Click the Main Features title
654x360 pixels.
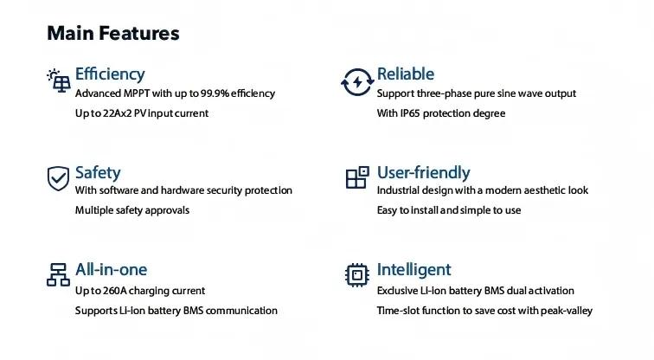tap(113, 34)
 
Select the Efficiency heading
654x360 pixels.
tap(110, 74)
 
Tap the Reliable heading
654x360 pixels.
tap(406, 74)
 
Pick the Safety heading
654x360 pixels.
tap(98, 173)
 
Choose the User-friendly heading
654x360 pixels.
tap(423, 173)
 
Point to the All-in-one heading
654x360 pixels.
tap(111, 269)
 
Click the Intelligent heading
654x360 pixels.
tap(414, 270)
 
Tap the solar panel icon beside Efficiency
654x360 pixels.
tap(59, 80)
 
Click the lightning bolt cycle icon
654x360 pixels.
tap(357, 81)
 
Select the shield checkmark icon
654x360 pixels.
tap(58, 178)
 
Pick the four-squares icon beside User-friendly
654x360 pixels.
tap(357, 177)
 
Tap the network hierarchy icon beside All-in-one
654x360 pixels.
tap(58, 274)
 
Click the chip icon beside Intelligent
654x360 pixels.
tap(357, 275)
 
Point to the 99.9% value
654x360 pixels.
tap(215, 93)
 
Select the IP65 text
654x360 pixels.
tap(409, 113)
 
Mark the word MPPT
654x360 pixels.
tap(137, 93)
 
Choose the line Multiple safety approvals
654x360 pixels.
tap(132, 210)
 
